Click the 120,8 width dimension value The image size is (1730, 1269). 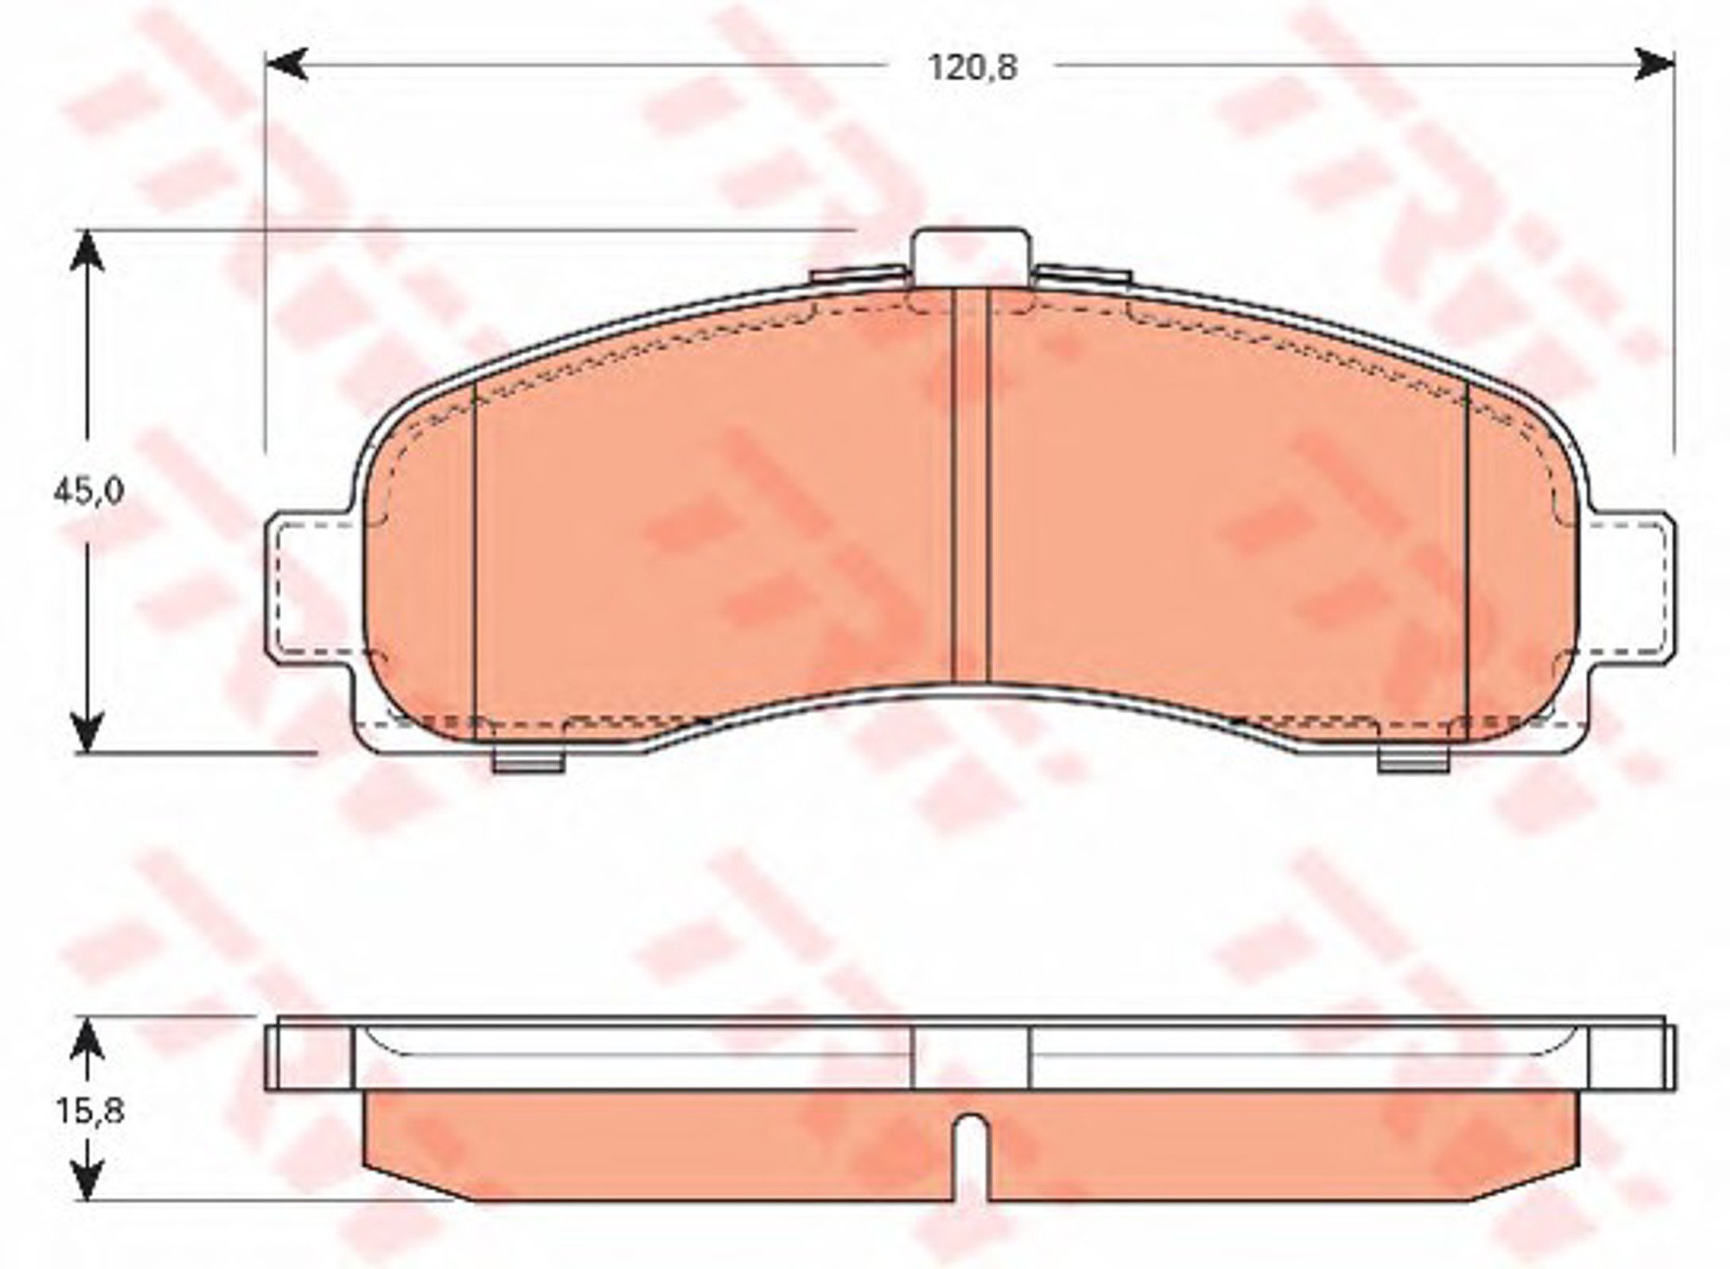point(972,68)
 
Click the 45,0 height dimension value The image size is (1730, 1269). point(88,493)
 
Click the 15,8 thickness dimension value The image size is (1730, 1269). point(89,1111)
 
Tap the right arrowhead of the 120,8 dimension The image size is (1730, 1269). point(1654,64)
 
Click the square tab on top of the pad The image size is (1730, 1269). point(969,257)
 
